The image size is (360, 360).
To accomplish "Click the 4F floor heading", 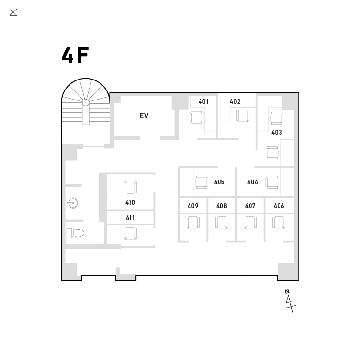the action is point(75,55).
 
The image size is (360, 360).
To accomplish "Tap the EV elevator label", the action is point(144,116).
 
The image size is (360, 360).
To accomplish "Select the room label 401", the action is point(203,101).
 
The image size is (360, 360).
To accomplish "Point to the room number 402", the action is point(235,101).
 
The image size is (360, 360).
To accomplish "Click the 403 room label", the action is point(277,132).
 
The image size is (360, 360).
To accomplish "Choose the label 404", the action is point(252,182).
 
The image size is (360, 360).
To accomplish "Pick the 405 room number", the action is point(219,182).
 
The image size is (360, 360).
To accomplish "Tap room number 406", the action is point(279,206).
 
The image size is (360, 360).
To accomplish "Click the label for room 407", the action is point(250,206).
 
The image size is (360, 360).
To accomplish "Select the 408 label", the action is point(221,206).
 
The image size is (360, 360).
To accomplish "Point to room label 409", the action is point(193,206).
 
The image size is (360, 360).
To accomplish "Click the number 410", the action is point(130,202).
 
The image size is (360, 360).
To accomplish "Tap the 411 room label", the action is point(130,218).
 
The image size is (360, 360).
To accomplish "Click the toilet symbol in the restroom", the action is point(76,233).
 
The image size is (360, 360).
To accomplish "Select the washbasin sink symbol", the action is point(73,203).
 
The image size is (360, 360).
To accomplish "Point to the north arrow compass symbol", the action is point(290,300).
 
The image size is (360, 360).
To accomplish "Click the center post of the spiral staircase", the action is point(86,102).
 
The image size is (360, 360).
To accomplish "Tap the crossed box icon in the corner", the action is point(13,12).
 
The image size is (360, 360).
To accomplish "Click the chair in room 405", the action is point(201,182).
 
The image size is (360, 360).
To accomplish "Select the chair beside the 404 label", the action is point(272,182).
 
